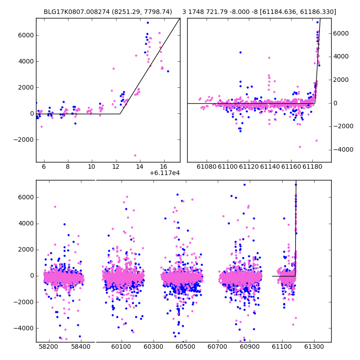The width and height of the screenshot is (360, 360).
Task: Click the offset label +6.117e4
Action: (165, 173)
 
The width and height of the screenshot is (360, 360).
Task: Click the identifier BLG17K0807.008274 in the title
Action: (76, 12)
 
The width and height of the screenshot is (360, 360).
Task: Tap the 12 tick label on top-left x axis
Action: (116, 166)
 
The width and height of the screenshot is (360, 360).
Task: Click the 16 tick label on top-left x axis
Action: (163, 166)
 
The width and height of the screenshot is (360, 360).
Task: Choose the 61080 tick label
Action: (207, 166)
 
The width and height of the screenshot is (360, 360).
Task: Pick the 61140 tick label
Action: (270, 166)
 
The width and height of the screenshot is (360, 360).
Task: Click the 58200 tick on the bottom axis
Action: (49, 346)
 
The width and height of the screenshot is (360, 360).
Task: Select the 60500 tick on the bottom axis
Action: (185, 346)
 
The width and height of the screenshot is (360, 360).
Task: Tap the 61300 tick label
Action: (314, 346)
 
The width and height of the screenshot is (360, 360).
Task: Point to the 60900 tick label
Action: (250, 346)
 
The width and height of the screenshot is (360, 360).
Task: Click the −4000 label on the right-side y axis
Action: (343, 150)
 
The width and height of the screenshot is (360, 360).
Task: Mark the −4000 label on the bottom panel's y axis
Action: (24, 328)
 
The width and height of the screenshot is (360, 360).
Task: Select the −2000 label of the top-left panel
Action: (24, 140)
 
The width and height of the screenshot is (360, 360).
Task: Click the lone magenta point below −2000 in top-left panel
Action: (135, 155)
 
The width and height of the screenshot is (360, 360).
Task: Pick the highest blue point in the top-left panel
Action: (148, 23)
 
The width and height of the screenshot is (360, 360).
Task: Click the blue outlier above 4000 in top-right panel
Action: (240, 53)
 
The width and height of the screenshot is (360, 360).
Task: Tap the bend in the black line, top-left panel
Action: (120, 114)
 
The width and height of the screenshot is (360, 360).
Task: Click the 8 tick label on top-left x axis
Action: (67, 166)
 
